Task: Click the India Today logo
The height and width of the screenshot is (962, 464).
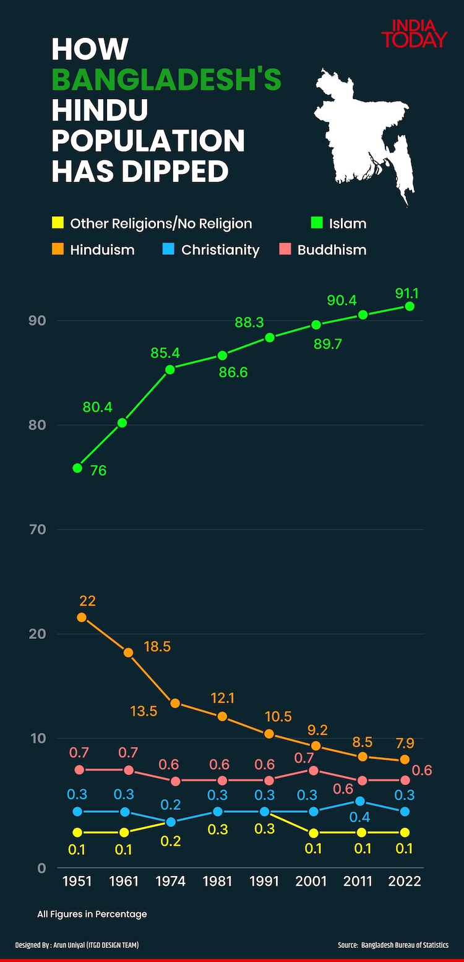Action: pos(413,34)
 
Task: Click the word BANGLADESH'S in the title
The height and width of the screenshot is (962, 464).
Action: pos(166,80)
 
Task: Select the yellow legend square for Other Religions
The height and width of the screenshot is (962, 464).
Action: pos(58,223)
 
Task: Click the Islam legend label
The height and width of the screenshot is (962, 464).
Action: pos(348,223)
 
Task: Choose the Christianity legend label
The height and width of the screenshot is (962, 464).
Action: pos(220,250)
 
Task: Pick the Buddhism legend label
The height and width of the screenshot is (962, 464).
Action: pos(332,250)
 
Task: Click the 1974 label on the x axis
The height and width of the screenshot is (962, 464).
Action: pos(170,881)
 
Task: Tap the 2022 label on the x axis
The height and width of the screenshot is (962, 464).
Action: pos(405,881)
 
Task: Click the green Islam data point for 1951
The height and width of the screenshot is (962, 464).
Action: pos(77,468)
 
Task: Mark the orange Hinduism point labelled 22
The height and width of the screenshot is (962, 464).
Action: pos(81,617)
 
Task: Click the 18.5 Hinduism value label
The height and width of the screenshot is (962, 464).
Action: pos(157,647)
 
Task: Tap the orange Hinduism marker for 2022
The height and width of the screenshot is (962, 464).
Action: pos(405,760)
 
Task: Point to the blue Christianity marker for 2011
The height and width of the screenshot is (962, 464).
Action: pos(360,801)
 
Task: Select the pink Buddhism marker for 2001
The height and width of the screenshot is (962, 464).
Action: pos(314,771)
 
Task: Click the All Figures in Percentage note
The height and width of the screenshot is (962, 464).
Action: pos(92,914)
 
